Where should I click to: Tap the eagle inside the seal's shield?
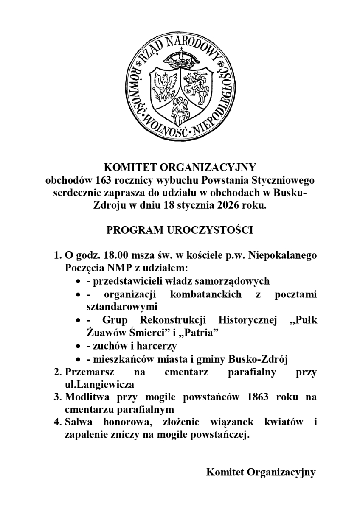click(x=163, y=84)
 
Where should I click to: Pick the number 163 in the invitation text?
click(x=104, y=179)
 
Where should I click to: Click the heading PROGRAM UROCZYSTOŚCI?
click(x=180, y=230)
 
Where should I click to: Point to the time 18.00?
click(x=116, y=256)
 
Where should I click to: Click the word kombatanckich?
click(x=205, y=294)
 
